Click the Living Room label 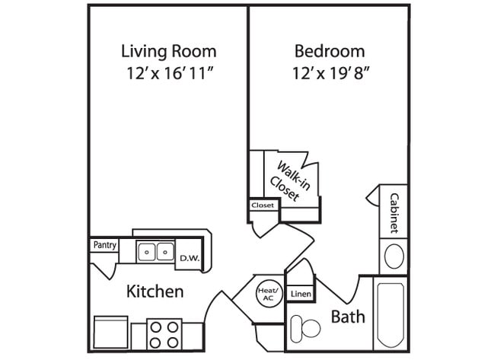click(x=168, y=52)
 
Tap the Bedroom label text click(x=329, y=52)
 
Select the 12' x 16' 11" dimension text click(x=168, y=75)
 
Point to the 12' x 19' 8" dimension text click(x=329, y=75)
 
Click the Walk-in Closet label click(x=286, y=181)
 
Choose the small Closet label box click(x=263, y=205)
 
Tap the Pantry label click(x=104, y=245)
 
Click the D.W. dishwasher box click(x=189, y=258)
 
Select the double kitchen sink click(x=155, y=251)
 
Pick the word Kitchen click(x=155, y=292)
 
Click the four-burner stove click(x=164, y=333)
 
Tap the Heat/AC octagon click(x=268, y=294)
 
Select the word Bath click(x=348, y=317)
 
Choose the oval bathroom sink click(x=394, y=256)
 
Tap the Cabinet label click(x=394, y=212)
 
